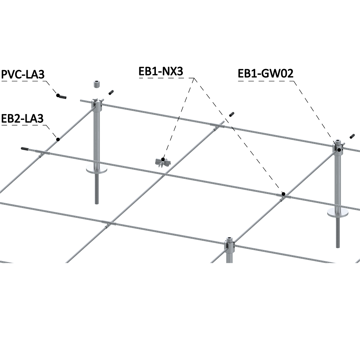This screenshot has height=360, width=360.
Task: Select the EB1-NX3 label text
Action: click(161, 71)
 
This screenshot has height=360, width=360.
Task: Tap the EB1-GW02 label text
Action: click(266, 73)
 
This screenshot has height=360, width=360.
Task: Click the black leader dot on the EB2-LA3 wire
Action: click(58, 139)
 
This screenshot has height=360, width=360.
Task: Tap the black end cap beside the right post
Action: click(351, 136)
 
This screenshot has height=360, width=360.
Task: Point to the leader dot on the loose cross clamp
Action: click(163, 159)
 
